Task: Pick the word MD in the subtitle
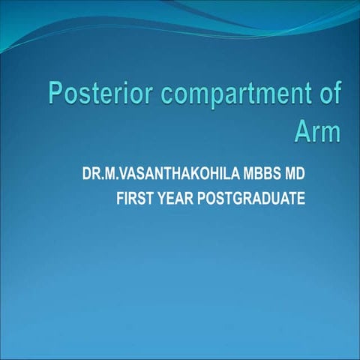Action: click(295, 175)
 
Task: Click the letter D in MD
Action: click(301, 175)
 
